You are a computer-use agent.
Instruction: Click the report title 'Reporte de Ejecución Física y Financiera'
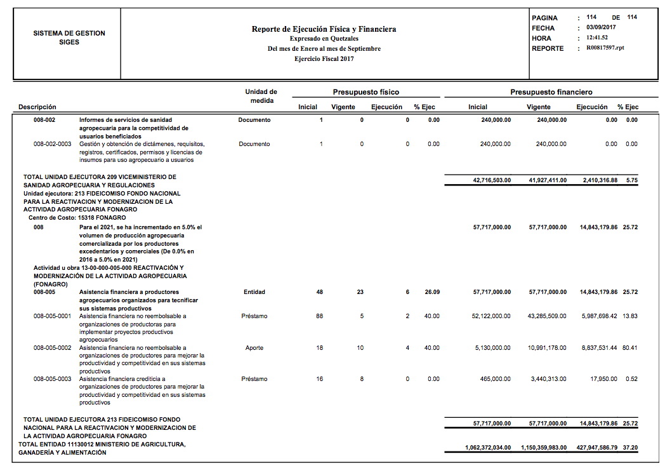pyautogui.click(x=324, y=29)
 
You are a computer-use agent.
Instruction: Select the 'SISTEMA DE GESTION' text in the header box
pyautogui.click(x=69, y=33)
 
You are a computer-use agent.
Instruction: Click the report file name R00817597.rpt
pyautogui.click(x=605, y=48)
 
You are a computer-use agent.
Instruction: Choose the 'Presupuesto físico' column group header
pyautogui.click(x=366, y=92)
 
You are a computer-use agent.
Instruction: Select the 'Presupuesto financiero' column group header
pyautogui.click(x=551, y=92)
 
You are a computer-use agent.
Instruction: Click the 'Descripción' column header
pyautogui.click(x=37, y=107)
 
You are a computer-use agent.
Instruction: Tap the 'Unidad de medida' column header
pyautogui.click(x=261, y=96)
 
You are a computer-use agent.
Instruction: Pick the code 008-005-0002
pyautogui.click(x=52, y=348)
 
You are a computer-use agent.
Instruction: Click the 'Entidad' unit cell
pyautogui.click(x=254, y=292)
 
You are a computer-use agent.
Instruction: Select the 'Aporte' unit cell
pyautogui.click(x=254, y=348)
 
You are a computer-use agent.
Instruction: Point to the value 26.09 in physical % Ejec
pyautogui.click(x=431, y=292)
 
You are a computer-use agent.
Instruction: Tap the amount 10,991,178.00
pyautogui.click(x=548, y=348)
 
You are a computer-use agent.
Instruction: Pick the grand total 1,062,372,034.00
pyautogui.click(x=488, y=448)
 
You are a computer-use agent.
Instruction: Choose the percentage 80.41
pyautogui.click(x=630, y=348)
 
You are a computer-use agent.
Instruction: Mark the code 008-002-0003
pyautogui.click(x=52, y=144)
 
